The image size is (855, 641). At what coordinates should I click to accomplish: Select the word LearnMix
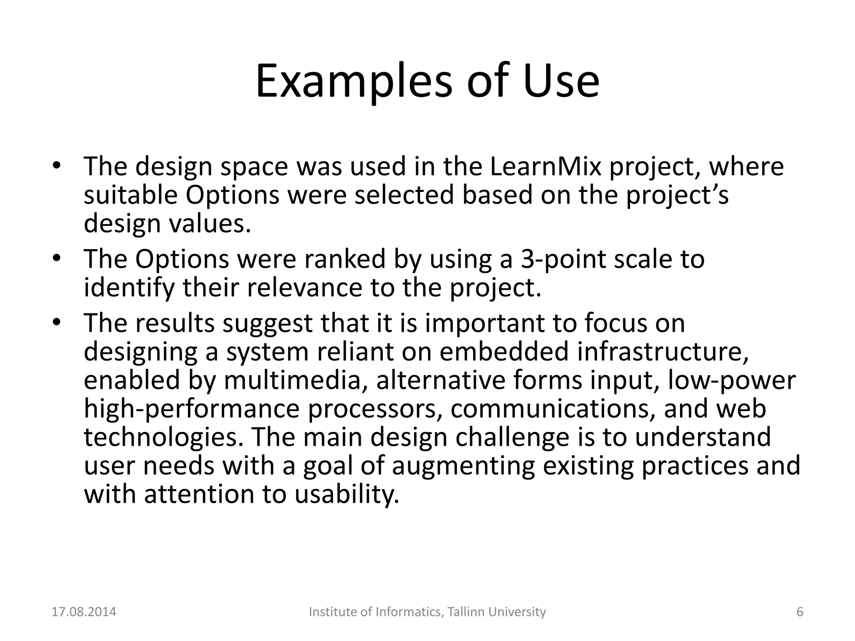pyautogui.click(x=545, y=167)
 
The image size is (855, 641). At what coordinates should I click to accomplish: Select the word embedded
pyautogui.click(x=504, y=352)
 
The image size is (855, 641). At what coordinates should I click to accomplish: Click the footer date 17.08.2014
pyautogui.click(x=84, y=612)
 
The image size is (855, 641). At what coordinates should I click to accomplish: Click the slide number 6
pyautogui.click(x=800, y=612)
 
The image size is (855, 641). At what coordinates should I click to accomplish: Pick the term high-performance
pyautogui.click(x=192, y=409)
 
